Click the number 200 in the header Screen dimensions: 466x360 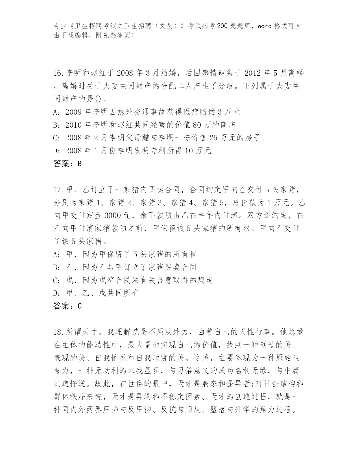tap(222, 26)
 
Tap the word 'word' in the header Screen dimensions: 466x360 tap(264, 26)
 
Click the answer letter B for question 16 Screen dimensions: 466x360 tap(79, 164)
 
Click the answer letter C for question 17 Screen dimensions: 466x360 tap(79, 306)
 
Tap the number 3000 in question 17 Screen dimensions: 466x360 tap(113, 215)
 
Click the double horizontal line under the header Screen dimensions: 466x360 tap(191, 51)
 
